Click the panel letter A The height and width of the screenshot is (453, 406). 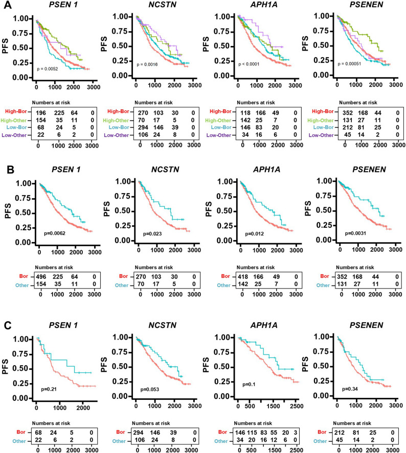pyautogui.click(x=8, y=5)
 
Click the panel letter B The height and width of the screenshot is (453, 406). pyautogui.click(x=10, y=170)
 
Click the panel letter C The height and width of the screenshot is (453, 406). pyautogui.click(x=8, y=325)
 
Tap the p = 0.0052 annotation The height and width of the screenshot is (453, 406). pyautogui.click(x=48, y=69)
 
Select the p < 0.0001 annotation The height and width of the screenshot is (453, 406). pyautogui.click(x=249, y=64)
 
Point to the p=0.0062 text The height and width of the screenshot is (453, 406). pyautogui.click(x=55, y=233)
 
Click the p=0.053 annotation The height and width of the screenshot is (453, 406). pyautogui.click(x=149, y=390)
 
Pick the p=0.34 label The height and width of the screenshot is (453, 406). pyautogui.click(x=350, y=389)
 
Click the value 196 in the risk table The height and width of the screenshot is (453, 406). pyautogui.click(x=41, y=113)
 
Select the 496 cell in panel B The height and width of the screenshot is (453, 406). pyautogui.click(x=41, y=277)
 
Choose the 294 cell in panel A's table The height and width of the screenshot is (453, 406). pyautogui.click(x=143, y=127)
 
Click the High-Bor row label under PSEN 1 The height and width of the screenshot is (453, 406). pyautogui.click(x=16, y=111)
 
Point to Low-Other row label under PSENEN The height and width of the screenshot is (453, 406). pyautogui.click(x=321, y=135)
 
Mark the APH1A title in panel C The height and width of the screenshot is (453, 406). pyautogui.click(x=264, y=325)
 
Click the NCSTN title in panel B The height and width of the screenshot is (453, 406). pyautogui.click(x=165, y=170)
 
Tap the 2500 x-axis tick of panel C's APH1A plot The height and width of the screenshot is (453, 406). pyautogui.click(x=297, y=406)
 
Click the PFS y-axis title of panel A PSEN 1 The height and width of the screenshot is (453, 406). pyautogui.click(x=5, y=46)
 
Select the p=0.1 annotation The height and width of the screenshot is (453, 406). pyautogui.click(x=249, y=385)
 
